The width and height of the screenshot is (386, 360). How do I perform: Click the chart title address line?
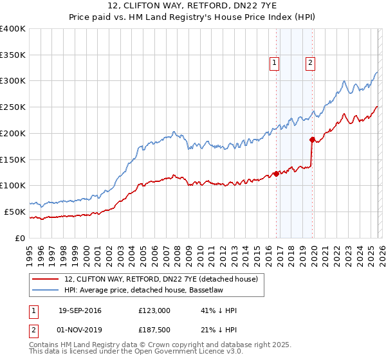coord(193,6)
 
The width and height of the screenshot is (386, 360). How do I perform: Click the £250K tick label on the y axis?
coord(13,107)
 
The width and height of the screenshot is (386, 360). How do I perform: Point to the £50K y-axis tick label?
coord(15,212)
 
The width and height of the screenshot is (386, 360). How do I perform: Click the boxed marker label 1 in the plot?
coord(275,62)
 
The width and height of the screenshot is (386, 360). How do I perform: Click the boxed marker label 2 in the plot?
coord(310,62)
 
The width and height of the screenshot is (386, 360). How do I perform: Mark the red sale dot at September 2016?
coord(276,174)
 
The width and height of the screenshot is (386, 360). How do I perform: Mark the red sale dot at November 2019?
coord(312,139)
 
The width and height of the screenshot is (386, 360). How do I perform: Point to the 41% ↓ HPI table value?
coord(219,310)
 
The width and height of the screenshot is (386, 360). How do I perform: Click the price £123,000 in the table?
coord(154,310)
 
